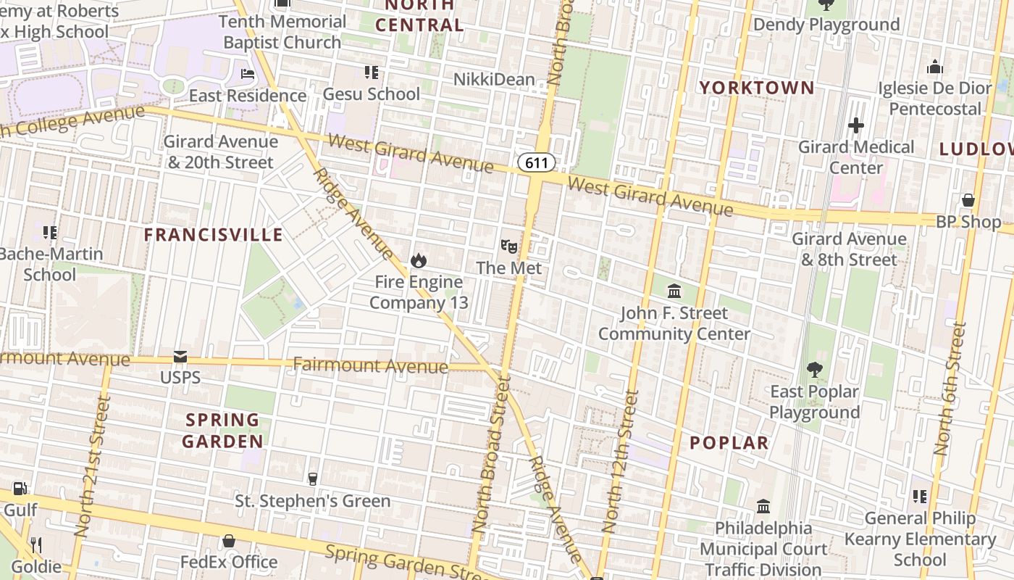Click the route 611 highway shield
[x=537, y=162]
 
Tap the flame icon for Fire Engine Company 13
[x=418, y=260]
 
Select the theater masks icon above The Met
[x=509, y=246]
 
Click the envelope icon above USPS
[x=180, y=357]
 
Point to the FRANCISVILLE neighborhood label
[x=213, y=235]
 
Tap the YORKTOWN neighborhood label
[x=757, y=88]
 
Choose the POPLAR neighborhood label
[x=729, y=442]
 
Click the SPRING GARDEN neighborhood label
[x=222, y=431]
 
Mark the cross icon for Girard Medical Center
[x=855, y=125]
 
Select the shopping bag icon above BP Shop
[x=968, y=200]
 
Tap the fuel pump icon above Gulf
[x=20, y=489]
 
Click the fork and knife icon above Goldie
[x=35, y=544]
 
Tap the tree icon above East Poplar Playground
[x=815, y=370]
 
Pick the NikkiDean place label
[x=494, y=79]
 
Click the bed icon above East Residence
[x=248, y=74]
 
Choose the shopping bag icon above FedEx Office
[x=228, y=541]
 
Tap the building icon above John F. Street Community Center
[x=674, y=291]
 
